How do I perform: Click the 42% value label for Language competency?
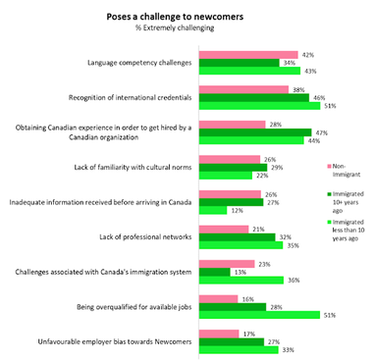pos(308,55)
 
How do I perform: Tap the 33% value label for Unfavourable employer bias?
pos(287,350)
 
